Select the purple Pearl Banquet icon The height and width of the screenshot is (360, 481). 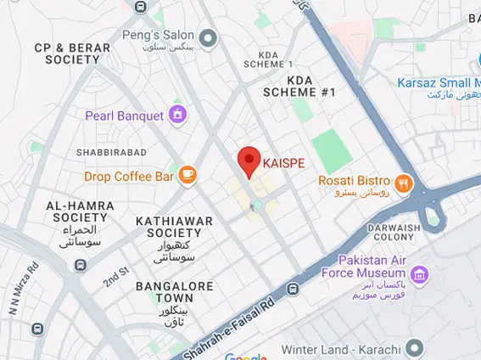pyautogui.click(x=177, y=114)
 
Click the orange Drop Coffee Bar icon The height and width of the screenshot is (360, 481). pyautogui.click(x=187, y=176)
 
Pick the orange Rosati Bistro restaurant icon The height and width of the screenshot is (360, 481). pyautogui.click(x=403, y=181)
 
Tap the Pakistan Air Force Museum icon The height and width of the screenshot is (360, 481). pyautogui.click(x=418, y=274)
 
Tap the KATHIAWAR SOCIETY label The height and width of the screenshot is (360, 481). pyautogui.click(x=173, y=227)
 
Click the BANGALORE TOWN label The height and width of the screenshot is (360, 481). pyautogui.click(x=176, y=292)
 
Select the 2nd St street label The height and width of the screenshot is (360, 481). pyautogui.click(x=115, y=276)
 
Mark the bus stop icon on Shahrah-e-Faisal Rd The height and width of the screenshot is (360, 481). pyautogui.click(x=293, y=290)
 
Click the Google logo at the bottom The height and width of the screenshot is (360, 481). pyautogui.click(x=246, y=356)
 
